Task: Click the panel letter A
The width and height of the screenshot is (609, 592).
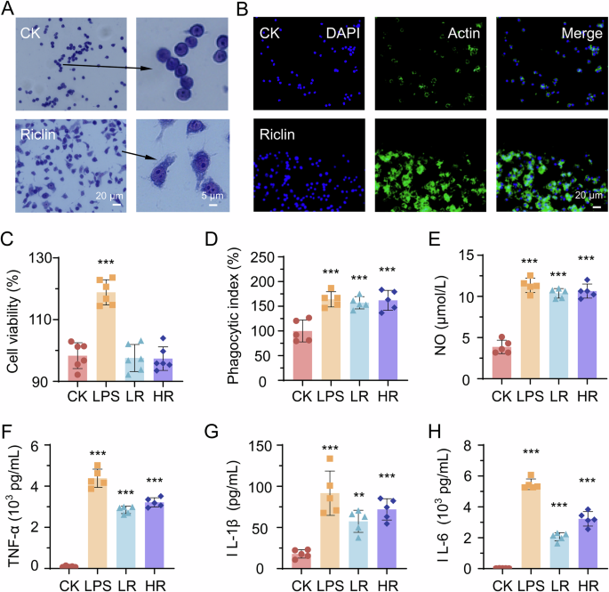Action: [8, 9]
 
